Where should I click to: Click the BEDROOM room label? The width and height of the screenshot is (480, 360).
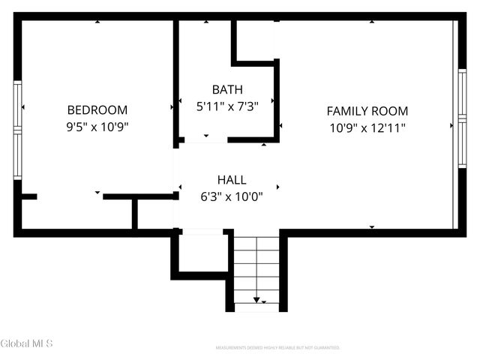pos(97,109)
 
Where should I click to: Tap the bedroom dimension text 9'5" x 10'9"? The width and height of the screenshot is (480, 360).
pos(97,127)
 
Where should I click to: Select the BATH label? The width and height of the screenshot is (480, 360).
pos(226,89)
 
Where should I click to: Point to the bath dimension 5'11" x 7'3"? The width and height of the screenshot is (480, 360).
pos(226,106)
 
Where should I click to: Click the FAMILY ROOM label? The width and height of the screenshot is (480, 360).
pos(367,111)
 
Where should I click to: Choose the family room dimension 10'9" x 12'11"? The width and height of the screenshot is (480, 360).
pos(367,127)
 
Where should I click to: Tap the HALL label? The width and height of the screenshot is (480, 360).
pos(231,180)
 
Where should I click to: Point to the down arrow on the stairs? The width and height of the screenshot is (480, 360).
pos(256,300)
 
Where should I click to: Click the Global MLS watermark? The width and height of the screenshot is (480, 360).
pos(27,343)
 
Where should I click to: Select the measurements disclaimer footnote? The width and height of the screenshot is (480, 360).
pos(277,348)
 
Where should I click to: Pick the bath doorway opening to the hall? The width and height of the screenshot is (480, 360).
pos(204,140)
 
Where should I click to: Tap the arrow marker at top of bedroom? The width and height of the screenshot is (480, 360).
pos(97,22)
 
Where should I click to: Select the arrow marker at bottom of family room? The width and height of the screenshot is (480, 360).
pos(371,226)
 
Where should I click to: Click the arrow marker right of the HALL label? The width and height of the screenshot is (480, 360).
pos(278,187)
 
